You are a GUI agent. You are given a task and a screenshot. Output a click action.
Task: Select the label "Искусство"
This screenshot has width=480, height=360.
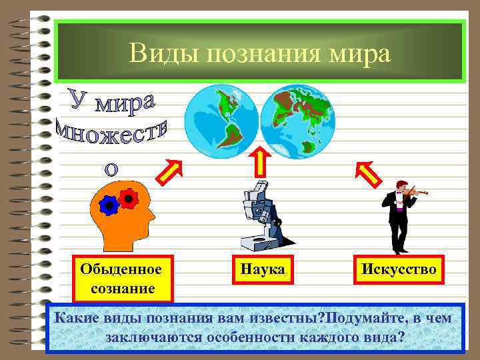pos(399,270)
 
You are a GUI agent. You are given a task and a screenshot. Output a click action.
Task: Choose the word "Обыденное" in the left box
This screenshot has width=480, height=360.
pos(121,269)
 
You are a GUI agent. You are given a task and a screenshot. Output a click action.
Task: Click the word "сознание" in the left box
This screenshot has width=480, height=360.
pos(121,289)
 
